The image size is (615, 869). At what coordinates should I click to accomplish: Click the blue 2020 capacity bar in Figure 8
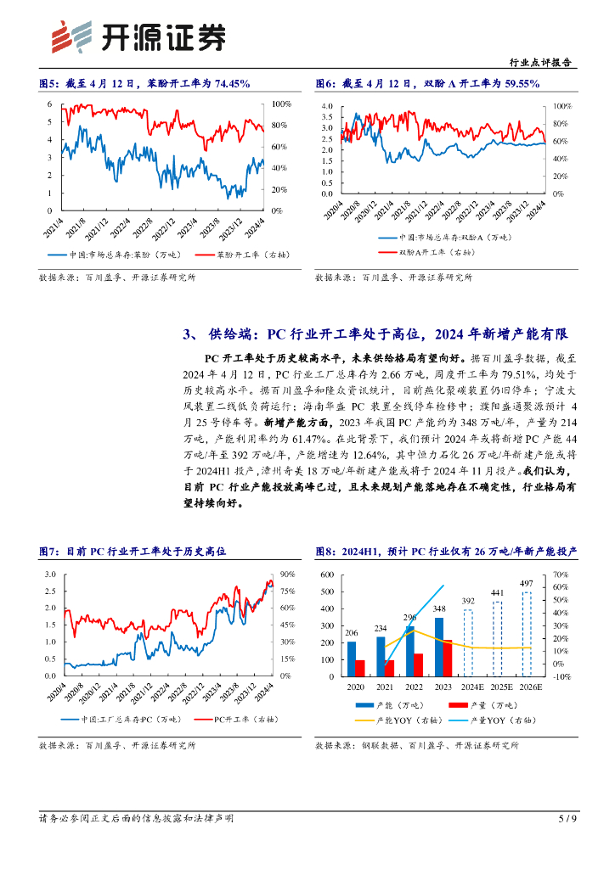pyautogui.click(x=352, y=658)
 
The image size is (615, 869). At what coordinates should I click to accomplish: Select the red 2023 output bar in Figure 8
pyautogui.click(x=448, y=658)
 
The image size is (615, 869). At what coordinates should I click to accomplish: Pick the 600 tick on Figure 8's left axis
pyautogui.click(x=325, y=575)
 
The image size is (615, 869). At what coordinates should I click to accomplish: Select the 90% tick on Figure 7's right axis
pyautogui.click(x=286, y=575)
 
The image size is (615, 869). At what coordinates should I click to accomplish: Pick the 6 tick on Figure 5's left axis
pyautogui.click(x=49, y=104)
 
